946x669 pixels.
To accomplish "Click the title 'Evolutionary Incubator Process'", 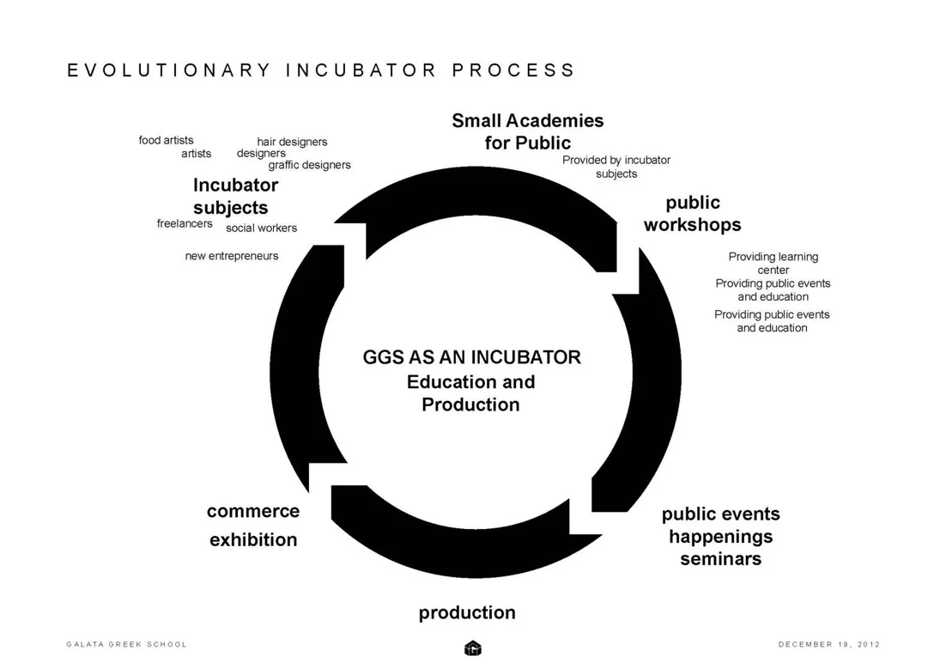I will pos(321,70).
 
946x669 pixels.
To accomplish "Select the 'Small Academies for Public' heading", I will pos(527,131).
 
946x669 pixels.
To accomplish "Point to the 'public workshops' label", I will pos(692,214).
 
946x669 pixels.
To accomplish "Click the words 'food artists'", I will pos(166,140).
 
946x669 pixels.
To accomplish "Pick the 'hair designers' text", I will pos(292,142).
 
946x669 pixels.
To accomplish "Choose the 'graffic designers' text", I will pos(309,165).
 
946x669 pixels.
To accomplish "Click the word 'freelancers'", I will pos(185,223).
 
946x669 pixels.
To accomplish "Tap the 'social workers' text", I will pos(261,228).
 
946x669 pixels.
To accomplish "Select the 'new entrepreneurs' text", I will pos(232,256).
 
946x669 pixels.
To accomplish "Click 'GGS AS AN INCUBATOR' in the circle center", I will pos(471,357).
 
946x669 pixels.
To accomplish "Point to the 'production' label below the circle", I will pos(467,612).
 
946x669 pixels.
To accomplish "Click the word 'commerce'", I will pos(253,511).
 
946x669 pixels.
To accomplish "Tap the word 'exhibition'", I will pos(253,539).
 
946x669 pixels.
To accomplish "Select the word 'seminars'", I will pos(720,559).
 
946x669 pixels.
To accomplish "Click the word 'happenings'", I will pos(720,537).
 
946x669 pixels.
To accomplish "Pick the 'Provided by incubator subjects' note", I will pos(616,167).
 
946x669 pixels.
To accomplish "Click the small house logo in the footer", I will pos(472,648).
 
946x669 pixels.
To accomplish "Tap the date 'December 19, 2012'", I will pos(828,644).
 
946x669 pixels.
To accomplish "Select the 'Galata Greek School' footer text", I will pos(126,644).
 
